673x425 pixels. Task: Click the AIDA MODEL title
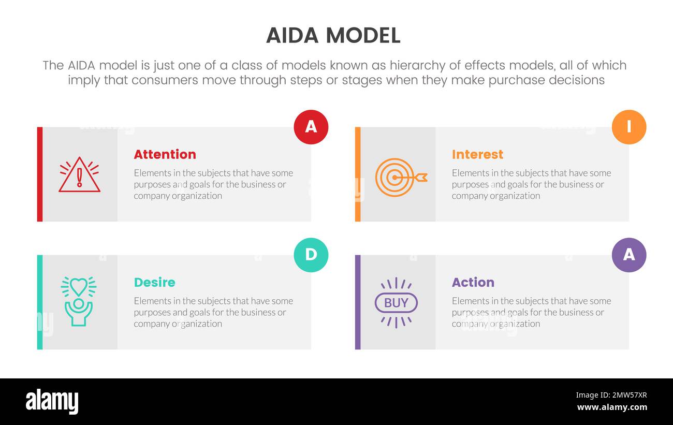point(333,35)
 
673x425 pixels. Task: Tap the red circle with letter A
point(311,127)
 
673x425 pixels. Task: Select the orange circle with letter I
point(628,127)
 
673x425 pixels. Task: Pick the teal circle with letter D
point(311,255)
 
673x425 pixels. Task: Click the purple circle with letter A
point(628,255)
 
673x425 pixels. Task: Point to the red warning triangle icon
point(79,175)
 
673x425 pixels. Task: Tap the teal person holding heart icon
point(79,301)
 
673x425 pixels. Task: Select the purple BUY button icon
point(396,303)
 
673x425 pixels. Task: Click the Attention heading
point(165,154)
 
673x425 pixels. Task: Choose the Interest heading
point(477,154)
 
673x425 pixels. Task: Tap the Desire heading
point(154,282)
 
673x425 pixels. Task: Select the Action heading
point(473,282)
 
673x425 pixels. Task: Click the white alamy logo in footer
point(52,402)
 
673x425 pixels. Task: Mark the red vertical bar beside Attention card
point(40,174)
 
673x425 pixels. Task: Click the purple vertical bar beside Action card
point(358,302)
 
